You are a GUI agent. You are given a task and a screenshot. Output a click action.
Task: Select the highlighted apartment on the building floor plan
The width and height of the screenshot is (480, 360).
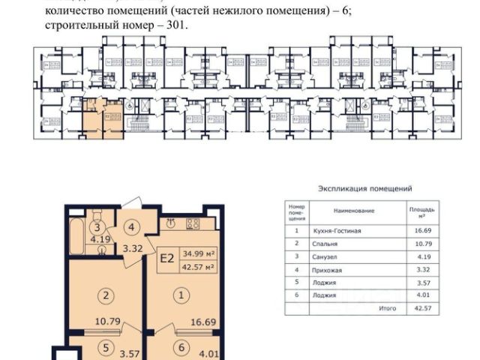tap(103, 118)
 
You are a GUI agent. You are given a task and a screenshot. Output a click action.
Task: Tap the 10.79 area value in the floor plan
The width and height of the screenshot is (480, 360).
tap(108, 321)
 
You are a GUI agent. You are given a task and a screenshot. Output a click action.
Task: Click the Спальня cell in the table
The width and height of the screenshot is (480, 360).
tap(325, 244)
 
